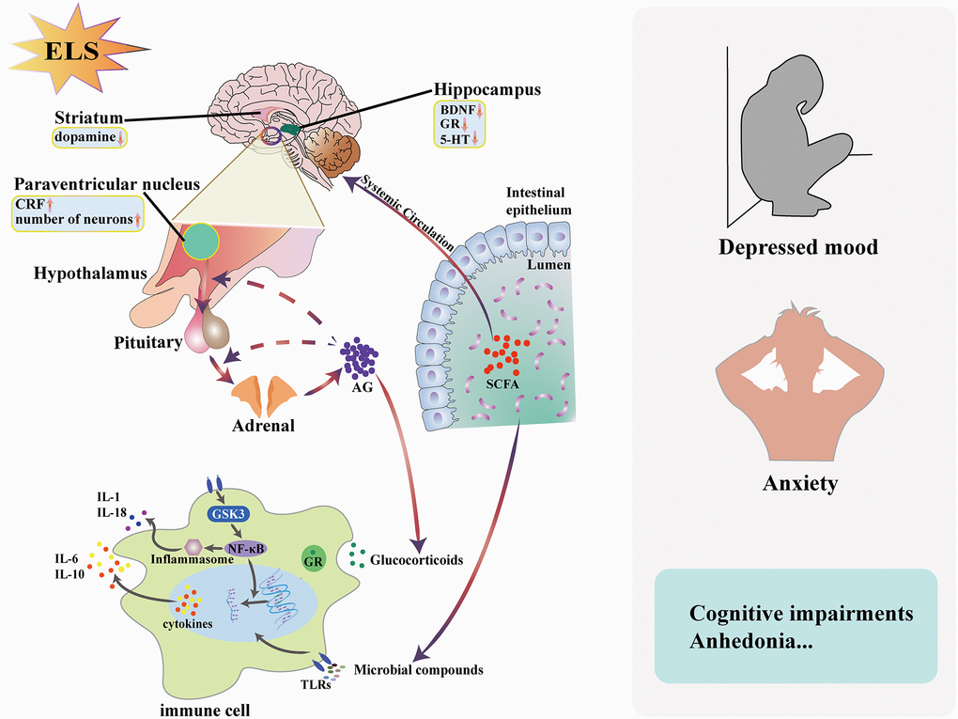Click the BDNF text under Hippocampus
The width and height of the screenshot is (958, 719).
[456, 110]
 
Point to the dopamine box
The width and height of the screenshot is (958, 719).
[91, 138]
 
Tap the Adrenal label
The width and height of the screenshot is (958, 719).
[263, 424]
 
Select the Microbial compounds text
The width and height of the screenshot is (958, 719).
[419, 670]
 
